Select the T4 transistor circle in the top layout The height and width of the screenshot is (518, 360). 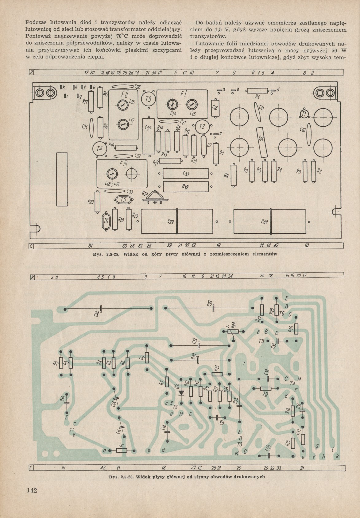tap(99, 149)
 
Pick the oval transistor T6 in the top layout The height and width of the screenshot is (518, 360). tap(106, 221)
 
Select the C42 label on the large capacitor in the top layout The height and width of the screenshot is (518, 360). tap(264, 222)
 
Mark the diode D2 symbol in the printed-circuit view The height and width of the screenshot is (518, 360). tap(181, 392)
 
